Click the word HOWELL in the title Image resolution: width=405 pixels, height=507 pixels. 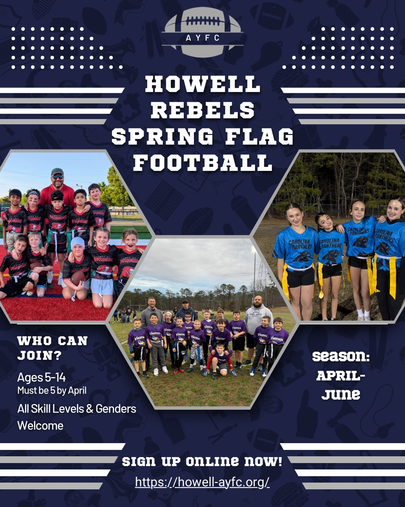click(x=202, y=84)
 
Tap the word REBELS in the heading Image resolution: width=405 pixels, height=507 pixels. click(x=202, y=110)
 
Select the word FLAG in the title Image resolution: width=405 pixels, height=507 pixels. click(x=259, y=137)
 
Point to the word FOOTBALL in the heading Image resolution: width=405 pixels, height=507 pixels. click(x=202, y=163)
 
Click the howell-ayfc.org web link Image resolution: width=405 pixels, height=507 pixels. click(x=202, y=482)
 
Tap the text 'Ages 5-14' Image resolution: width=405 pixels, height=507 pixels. click(x=41, y=377)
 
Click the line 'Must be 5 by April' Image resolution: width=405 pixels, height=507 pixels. click(x=52, y=391)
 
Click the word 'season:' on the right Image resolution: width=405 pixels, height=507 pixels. click(x=340, y=356)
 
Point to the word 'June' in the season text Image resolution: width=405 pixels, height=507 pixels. click(x=340, y=394)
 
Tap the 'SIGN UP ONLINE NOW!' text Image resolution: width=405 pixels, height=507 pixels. click(x=202, y=461)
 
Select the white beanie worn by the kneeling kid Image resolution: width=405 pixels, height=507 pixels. click(x=78, y=242)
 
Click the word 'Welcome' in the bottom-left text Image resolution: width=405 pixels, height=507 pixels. click(x=40, y=426)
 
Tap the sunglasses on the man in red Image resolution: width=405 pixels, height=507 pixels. click(x=57, y=177)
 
